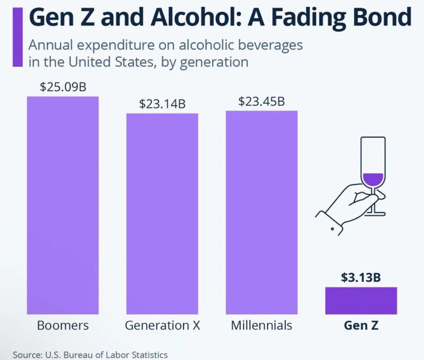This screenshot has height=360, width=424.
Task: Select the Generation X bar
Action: pos(162,214)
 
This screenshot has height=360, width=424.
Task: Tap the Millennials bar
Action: pos(261,212)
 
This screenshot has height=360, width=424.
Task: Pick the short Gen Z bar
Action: pos(361,301)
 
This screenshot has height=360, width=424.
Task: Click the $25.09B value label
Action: pos(63,87)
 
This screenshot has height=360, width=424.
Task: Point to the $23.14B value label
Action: pos(162,104)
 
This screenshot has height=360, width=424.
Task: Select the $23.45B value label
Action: pos(261,102)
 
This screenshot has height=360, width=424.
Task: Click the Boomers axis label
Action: pos(63,325)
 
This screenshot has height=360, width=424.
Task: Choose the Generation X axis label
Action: pos(163,325)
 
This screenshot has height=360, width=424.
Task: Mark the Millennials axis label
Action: pos(261,325)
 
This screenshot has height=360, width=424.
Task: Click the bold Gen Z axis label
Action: pos(361,325)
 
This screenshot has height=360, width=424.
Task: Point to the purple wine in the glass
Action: pos(372,180)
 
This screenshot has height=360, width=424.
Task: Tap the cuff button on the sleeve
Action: pos(333,228)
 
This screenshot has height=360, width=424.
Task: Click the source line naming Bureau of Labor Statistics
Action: pos(90,354)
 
